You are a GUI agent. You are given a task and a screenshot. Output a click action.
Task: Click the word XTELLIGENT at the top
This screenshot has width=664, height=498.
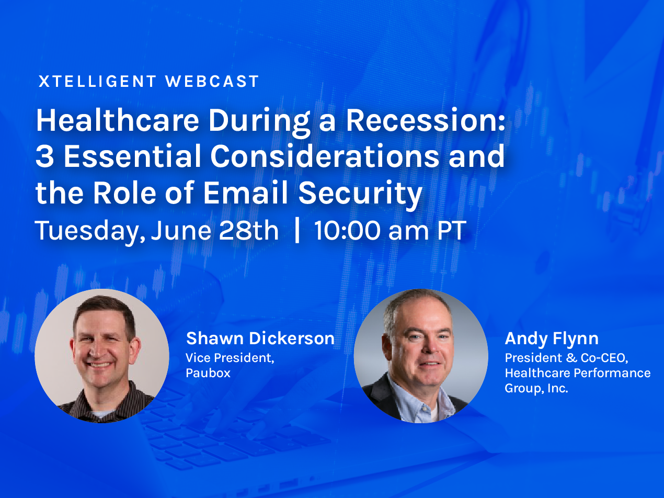(x=97, y=82)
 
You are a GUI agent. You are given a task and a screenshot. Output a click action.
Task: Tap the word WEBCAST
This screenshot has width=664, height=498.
(x=212, y=82)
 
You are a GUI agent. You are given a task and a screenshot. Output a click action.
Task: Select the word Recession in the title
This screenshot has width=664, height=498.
(x=426, y=120)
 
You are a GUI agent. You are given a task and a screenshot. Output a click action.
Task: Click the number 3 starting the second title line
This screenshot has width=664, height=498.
(x=44, y=156)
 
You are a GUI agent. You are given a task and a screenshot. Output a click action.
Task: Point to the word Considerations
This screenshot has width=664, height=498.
(x=325, y=156)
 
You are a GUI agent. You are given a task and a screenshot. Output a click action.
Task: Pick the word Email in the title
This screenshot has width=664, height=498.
(x=245, y=193)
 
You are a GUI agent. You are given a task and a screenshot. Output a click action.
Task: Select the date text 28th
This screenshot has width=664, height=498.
(x=248, y=230)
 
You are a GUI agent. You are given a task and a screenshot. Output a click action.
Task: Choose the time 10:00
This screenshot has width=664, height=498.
(x=347, y=230)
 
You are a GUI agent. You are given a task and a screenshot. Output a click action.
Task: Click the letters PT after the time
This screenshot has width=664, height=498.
(x=451, y=230)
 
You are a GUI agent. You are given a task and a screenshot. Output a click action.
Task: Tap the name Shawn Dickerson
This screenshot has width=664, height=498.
(x=260, y=338)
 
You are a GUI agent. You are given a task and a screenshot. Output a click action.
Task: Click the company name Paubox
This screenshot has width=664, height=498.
(x=208, y=373)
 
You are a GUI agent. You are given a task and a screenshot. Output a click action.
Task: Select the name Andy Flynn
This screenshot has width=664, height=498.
(x=552, y=339)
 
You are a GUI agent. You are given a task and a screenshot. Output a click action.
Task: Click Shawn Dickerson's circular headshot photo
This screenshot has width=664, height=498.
(x=102, y=356)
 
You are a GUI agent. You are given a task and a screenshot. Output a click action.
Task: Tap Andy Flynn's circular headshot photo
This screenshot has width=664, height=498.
(x=421, y=356)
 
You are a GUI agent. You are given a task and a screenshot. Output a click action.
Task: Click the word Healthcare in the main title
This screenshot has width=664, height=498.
(x=118, y=120)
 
